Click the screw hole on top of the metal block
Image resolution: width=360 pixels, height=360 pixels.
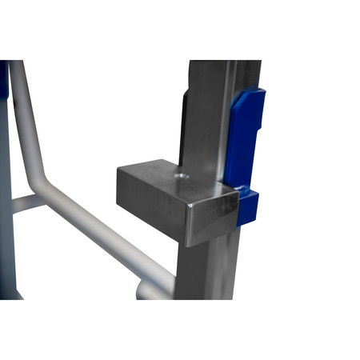(182, 175)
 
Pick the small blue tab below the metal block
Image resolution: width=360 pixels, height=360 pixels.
(249, 206)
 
